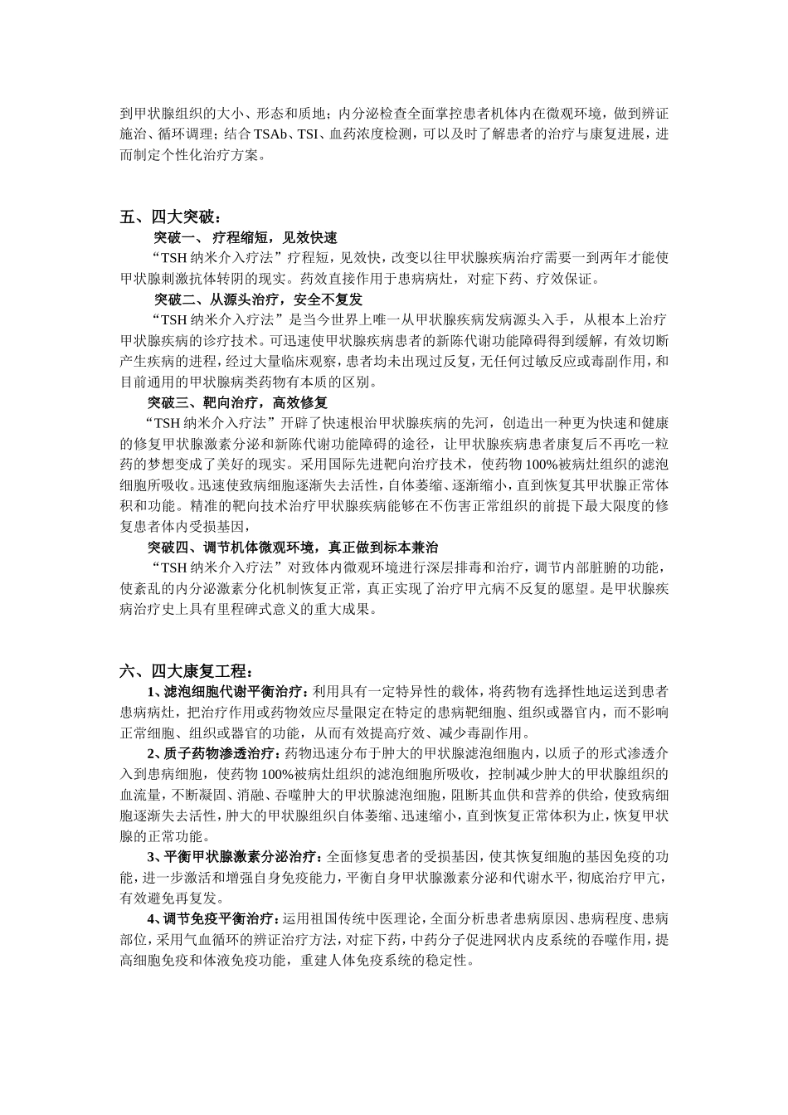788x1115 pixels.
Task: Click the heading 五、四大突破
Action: [170, 218]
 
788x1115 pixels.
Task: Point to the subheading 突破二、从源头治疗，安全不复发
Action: [258, 299]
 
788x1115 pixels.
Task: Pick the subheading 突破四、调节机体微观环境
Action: [293, 548]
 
